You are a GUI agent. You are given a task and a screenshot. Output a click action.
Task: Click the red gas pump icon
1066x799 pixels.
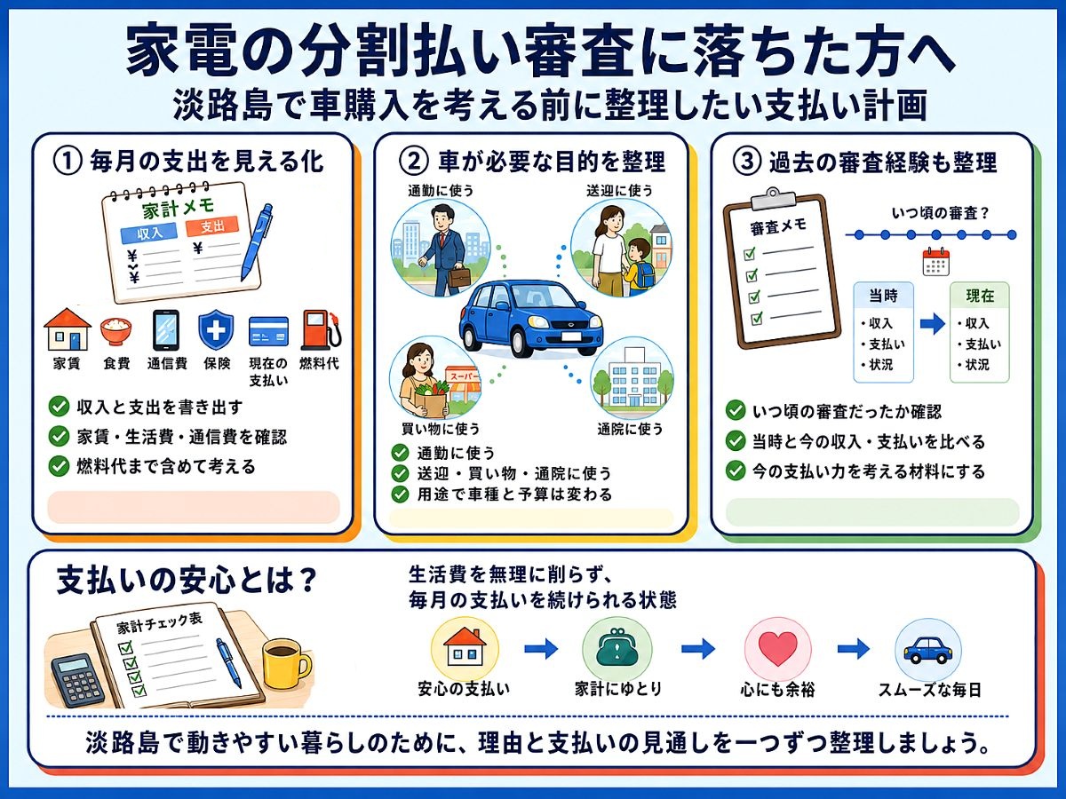click(x=321, y=330)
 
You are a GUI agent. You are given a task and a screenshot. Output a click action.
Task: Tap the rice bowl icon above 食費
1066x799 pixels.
click(x=115, y=331)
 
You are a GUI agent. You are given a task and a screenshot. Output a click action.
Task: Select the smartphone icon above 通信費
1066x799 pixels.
click(x=166, y=330)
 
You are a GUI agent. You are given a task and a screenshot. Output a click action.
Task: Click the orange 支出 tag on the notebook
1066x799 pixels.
click(x=212, y=226)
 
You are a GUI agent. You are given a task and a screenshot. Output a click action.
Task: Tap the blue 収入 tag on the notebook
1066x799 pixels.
click(x=149, y=233)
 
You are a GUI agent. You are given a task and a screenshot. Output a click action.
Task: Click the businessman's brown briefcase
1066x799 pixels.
click(x=459, y=276)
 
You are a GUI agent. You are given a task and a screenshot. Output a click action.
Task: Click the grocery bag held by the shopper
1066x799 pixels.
click(x=431, y=399)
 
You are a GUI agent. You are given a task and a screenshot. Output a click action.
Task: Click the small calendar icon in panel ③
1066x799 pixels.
click(x=935, y=262)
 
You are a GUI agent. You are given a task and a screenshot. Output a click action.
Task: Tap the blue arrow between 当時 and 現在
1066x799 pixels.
click(x=932, y=324)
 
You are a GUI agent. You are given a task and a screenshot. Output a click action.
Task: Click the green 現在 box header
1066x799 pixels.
click(x=980, y=296)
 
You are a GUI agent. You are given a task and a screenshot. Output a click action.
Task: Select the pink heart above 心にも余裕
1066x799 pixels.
click(x=777, y=650)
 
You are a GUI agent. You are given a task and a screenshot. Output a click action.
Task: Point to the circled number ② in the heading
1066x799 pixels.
click(x=414, y=162)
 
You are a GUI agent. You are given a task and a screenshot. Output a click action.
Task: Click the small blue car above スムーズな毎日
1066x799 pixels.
click(x=928, y=650)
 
